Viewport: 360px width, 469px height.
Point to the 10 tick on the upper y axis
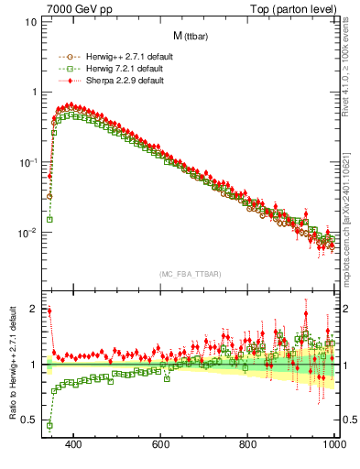click(31, 20)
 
